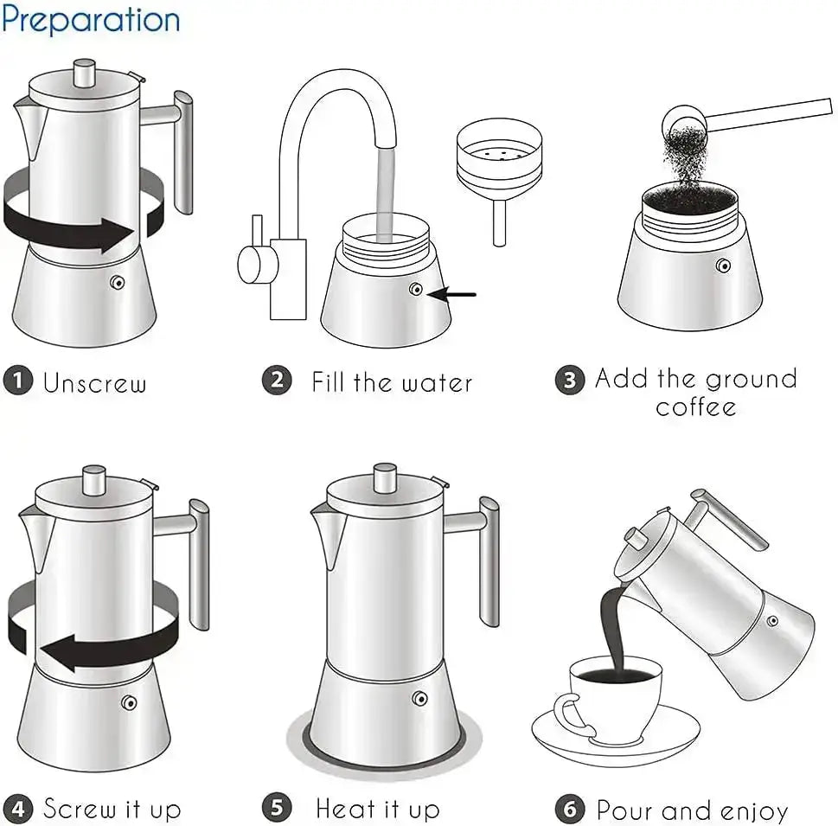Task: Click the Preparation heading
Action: pyautogui.click(x=91, y=19)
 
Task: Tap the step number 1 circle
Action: pyautogui.click(x=18, y=381)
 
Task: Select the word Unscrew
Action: pyautogui.click(x=95, y=383)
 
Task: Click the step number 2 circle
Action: pyautogui.click(x=277, y=380)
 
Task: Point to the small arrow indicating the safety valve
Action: pyautogui.click(x=454, y=295)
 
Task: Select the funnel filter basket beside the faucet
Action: pyautogui.click(x=498, y=164)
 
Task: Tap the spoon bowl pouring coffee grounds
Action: pyautogui.click(x=679, y=119)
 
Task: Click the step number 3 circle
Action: pyautogui.click(x=569, y=380)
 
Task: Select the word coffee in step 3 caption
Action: pyautogui.click(x=696, y=407)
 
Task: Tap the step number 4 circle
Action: pyautogui.click(x=18, y=810)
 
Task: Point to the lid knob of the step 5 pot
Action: pyautogui.click(x=385, y=479)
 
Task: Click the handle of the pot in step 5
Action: pyautogui.click(x=489, y=558)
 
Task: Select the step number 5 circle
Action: pyautogui.click(x=277, y=810)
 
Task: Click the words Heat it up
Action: pyautogui.click(x=378, y=810)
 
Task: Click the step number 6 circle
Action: pyautogui.click(x=569, y=810)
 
